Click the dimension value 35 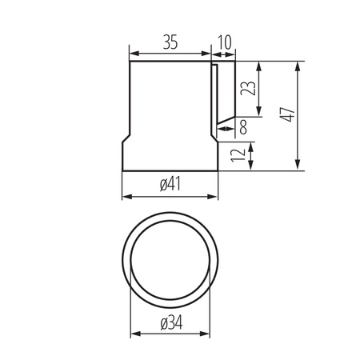[x=170, y=43]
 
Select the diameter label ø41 [x=170, y=185]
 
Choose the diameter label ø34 [x=170, y=323]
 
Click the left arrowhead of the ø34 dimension [x=134, y=334]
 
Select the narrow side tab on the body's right [x=214, y=96]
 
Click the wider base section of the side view [x=170, y=156]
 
